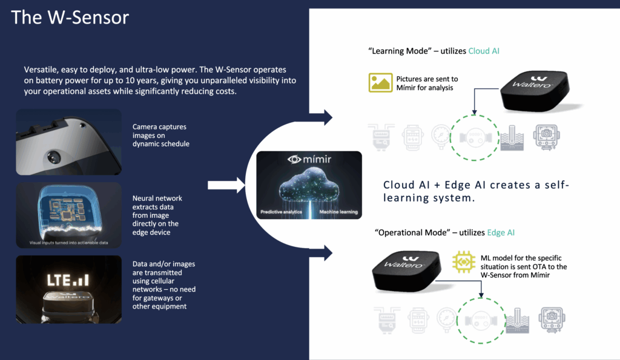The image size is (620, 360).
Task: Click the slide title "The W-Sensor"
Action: click(70, 17)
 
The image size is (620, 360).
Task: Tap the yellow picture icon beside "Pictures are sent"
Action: click(380, 83)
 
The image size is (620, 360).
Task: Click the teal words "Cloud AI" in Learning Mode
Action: click(484, 51)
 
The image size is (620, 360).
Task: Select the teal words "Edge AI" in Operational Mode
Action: click(500, 232)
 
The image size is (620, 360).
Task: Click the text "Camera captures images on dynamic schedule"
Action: click(159, 136)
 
